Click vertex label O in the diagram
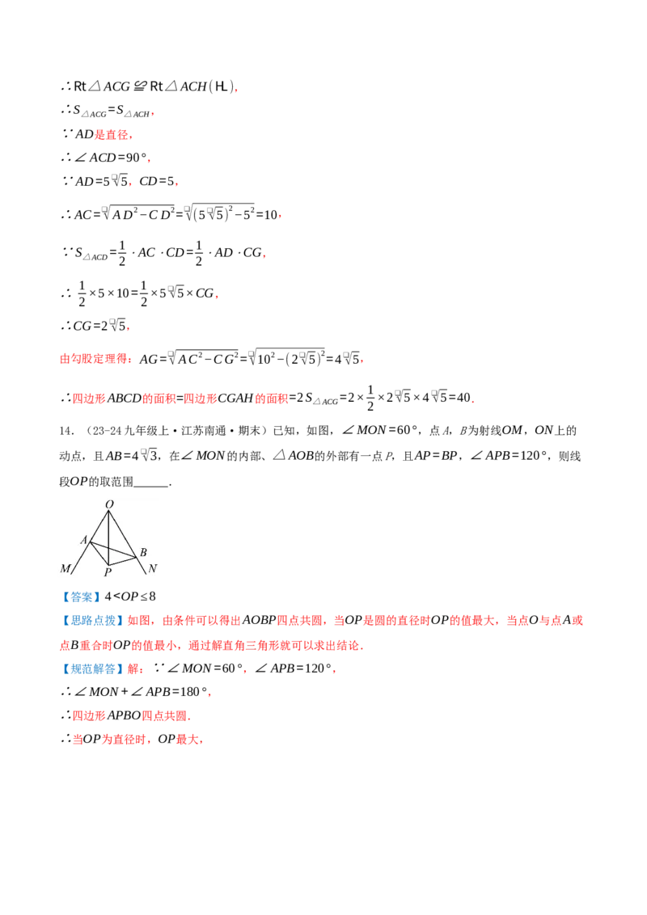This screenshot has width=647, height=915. (109, 504)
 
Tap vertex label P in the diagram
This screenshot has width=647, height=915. (108, 572)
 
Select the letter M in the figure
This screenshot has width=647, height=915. (65, 568)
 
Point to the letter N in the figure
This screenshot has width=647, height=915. (152, 568)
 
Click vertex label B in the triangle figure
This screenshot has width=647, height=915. (144, 552)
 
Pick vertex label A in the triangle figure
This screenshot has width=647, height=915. (84, 540)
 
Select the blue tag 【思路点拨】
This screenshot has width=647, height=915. (91, 621)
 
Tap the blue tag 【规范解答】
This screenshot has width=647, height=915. (91, 668)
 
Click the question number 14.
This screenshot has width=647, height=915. (66, 431)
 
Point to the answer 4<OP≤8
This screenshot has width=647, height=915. (130, 597)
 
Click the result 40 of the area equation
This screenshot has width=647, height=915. (463, 398)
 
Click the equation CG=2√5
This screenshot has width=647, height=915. (99, 326)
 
